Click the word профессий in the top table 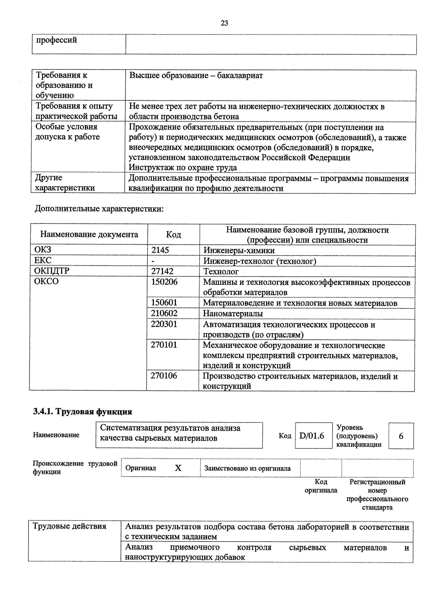point(56,40)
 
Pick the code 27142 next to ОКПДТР point(162,271)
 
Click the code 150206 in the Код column point(164,282)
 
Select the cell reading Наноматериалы point(233,313)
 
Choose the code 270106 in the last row point(164,376)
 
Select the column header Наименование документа point(89,234)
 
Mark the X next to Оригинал point(178,468)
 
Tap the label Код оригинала point(321,486)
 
